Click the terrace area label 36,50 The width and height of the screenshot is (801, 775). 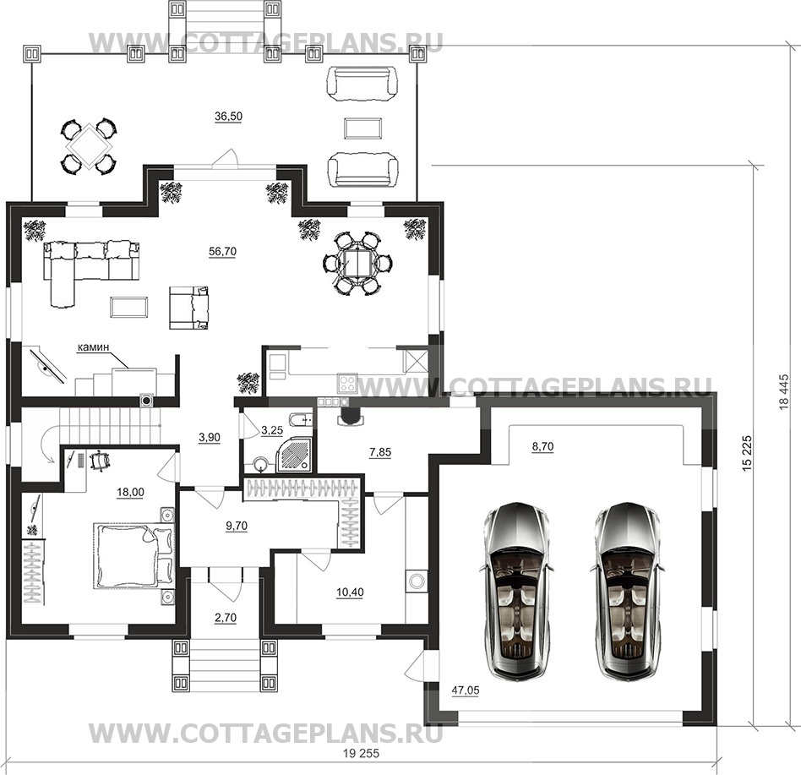coord(228,117)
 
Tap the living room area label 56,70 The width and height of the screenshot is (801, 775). coord(223,251)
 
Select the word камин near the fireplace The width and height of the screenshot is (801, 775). coord(93,347)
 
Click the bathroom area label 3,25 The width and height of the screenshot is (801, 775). coord(272,431)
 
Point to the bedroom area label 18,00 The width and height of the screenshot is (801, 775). coord(130,493)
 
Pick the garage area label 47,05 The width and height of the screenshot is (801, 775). coord(466,690)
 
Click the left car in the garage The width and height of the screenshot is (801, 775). coord(516,592)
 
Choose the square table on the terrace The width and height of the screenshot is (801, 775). coord(90,146)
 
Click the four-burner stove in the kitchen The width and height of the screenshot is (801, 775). coord(347,385)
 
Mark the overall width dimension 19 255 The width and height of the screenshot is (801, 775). coord(361,754)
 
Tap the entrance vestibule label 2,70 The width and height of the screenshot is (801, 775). coord(226,618)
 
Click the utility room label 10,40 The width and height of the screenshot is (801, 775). coord(350,592)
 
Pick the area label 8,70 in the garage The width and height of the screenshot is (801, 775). coord(542,446)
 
